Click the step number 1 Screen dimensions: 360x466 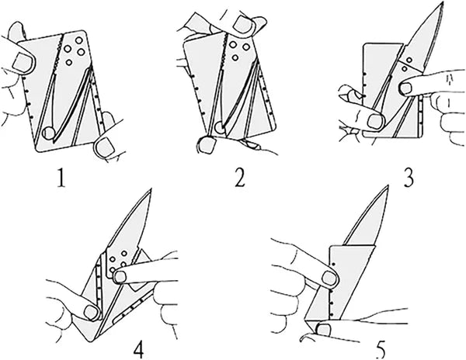pyautogui.click(x=60, y=180)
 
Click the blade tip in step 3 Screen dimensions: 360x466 pyautogui.click(x=445, y=7)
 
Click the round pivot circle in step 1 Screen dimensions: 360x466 pyautogui.click(x=49, y=133)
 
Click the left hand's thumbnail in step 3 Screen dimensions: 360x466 pyautogui.click(x=376, y=120)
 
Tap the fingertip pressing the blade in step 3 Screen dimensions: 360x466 pyautogui.click(x=405, y=89)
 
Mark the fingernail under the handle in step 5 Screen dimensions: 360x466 pyautogui.click(x=321, y=332)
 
